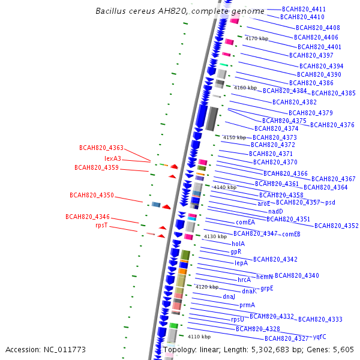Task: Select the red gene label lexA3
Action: pyautogui.click(x=113, y=158)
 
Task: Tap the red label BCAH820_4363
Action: pyautogui.click(x=101, y=148)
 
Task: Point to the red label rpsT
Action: pyautogui.click(x=101, y=226)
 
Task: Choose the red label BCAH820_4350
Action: pyautogui.click(x=92, y=195)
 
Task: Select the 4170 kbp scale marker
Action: pyautogui.click(x=257, y=38)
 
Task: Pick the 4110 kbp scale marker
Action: pyautogui.click(x=200, y=337)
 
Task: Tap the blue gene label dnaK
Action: pyautogui.click(x=249, y=291)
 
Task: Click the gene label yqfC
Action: pyautogui.click(x=320, y=337)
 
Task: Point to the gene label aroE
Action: pyautogui.click(x=264, y=204)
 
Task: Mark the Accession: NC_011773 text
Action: pyautogui.click(x=46, y=349)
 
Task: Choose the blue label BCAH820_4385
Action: pyautogui.click(x=334, y=93)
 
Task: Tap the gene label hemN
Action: pyautogui.click(x=265, y=277)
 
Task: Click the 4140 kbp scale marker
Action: pyautogui.click(x=225, y=187)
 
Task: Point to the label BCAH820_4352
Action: pyautogui.click(x=337, y=226)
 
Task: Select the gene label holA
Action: pyautogui.click(x=238, y=244)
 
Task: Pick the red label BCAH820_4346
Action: pyautogui.click(x=88, y=217)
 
